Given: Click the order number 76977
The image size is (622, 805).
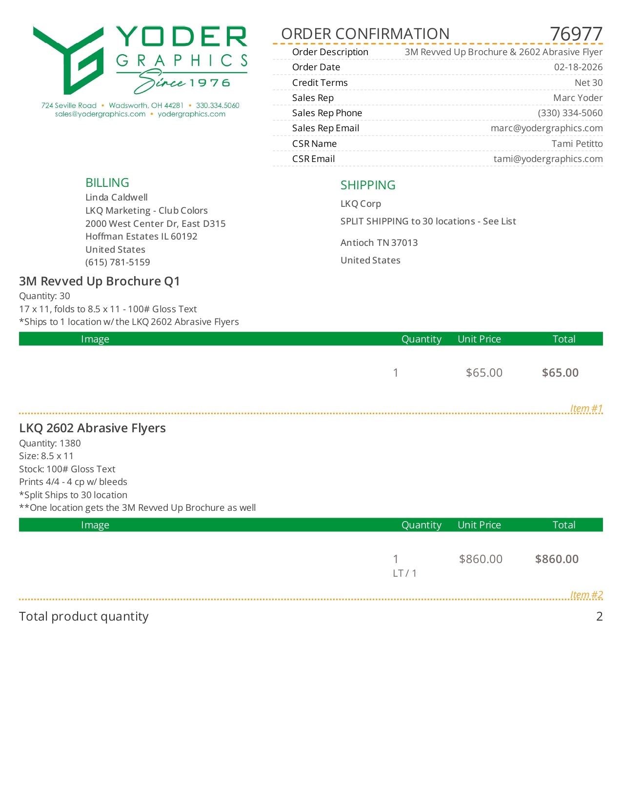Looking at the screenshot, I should [x=576, y=34].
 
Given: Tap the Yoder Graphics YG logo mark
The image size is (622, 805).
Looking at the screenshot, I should [x=69, y=60].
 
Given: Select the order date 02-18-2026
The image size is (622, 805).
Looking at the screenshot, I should [x=578, y=67].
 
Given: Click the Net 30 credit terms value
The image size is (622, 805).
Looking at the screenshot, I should [x=588, y=83].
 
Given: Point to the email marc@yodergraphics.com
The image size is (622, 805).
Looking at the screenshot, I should [x=546, y=128].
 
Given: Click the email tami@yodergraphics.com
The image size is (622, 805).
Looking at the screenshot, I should [x=548, y=159].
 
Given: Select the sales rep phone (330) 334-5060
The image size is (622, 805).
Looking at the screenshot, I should [x=570, y=113].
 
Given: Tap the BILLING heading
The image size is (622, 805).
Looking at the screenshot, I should [x=107, y=183].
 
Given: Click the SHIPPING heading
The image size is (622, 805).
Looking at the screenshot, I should [x=368, y=185].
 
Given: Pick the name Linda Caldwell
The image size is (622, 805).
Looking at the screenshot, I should [x=117, y=198].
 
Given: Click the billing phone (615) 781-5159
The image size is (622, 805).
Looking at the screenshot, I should [x=118, y=262].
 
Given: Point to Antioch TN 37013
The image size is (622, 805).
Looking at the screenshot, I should [x=379, y=243].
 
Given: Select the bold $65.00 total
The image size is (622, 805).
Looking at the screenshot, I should [x=560, y=373].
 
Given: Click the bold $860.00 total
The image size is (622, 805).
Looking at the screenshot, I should [x=557, y=559].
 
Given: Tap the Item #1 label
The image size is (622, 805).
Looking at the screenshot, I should [x=586, y=408].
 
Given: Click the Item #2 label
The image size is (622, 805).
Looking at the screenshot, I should [x=586, y=595].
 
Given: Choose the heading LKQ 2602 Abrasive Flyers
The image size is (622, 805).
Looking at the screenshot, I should [x=92, y=428].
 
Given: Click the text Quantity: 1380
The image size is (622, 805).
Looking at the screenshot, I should [x=50, y=443].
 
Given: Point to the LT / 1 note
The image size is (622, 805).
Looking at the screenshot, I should [x=404, y=573].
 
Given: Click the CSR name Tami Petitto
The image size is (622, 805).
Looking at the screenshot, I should [x=577, y=144].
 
